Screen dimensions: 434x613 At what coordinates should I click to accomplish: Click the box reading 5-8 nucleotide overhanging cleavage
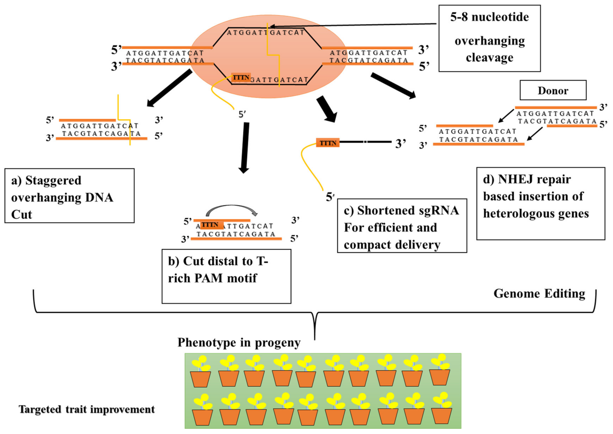click(x=489, y=38)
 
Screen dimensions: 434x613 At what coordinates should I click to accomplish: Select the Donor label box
click(x=553, y=90)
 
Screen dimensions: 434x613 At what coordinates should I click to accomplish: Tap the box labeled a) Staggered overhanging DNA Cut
click(x=69, y=196)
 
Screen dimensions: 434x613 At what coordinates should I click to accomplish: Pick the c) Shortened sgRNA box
click(x=402, y=226)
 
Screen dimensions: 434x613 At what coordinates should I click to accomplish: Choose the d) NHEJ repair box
click(x=541, y=204)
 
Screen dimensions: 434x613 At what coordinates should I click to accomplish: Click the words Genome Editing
click(x=539, y=293)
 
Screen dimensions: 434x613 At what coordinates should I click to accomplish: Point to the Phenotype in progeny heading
click(x=239, y=343)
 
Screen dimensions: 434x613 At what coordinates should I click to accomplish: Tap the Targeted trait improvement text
click(x=87, y=409)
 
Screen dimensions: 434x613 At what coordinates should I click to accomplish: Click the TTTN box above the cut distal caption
click(x=211, y=225)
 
